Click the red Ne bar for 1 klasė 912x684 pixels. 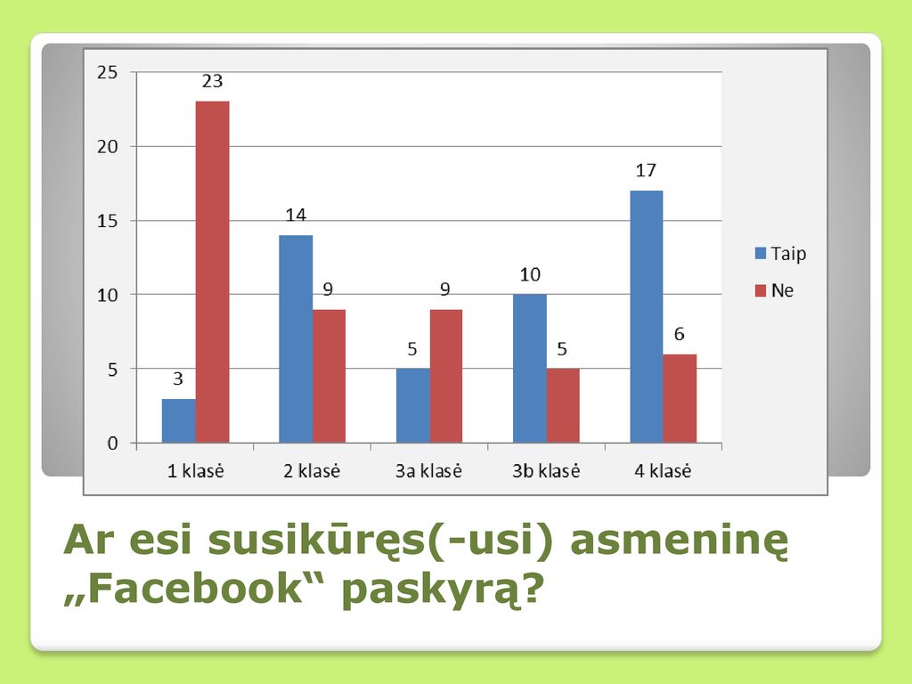click(212, 272)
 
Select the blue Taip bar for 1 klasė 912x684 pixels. click(178, 420)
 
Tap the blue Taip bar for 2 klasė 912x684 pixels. click(296, 339)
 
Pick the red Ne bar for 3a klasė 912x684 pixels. click(446, 377)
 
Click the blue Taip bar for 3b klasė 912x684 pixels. click(530, 369)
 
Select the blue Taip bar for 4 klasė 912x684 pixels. click(647, 316)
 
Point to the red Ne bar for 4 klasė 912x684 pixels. click(680, 398)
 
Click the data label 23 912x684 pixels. click(212, 81)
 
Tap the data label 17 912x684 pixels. click(646, 170)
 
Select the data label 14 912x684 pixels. click(296, 216)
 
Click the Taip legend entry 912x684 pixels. click(780, 254)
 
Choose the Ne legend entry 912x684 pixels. click(774, 290)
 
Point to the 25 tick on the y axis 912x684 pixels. click(108, 72)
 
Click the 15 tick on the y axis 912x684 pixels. click(108, 221)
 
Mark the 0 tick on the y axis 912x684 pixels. click(113, 444)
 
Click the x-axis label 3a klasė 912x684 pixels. click(428, 470)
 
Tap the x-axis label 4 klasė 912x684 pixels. click(663, 470)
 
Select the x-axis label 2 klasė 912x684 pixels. click(312, 470)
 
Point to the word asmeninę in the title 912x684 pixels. click(680, 541)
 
